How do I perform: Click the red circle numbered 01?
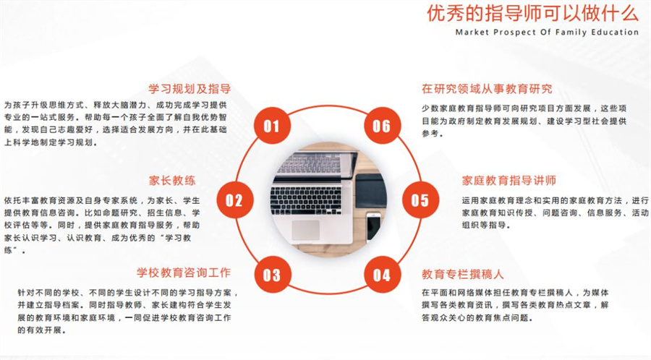[x=271, y=125]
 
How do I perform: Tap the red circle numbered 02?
[x=235, y=200]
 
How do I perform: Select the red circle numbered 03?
[x=271, y=275]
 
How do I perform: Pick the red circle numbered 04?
[x=382, y=275]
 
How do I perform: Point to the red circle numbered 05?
[x=420, y=200]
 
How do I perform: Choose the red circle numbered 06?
[x=382, y=125]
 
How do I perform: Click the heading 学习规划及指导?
[x=190, y=88]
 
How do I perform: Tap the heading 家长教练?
[x=172, y=181]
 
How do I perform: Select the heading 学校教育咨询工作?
[x=184, y=273]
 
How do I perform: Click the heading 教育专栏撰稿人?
[x=462, y=274]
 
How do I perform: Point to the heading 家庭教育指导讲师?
[x=509, y=181]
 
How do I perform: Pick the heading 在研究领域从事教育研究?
[x=487, y=89]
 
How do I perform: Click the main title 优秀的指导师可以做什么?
[x=532, y=13]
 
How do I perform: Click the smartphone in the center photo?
[x=373, y=227]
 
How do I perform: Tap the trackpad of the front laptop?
[x=305, y=230]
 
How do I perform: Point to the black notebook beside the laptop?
[x=371, y=190]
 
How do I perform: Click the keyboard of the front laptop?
[x=306, y=200]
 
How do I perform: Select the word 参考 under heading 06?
[x=430, y=134]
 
